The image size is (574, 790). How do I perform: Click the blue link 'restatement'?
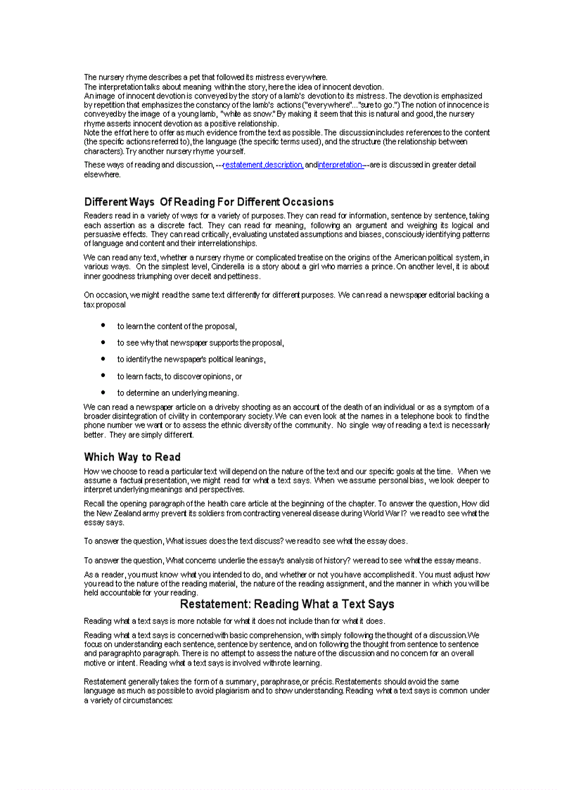[x=243, y=165]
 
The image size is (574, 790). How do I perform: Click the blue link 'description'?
[x=284, y=165]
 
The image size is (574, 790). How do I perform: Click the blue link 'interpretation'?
[x=340, y=165]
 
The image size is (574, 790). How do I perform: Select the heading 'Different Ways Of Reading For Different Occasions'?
[x=209, y=202]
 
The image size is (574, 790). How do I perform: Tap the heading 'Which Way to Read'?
[x=132, y=457]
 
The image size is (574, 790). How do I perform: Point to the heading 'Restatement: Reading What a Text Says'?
[x=287, y=604]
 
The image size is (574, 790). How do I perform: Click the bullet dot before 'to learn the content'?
[x=103, y=326]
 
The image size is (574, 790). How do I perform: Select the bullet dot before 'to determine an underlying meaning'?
[x=103, y=392]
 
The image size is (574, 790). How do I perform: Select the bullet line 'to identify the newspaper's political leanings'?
[x=191, y=359]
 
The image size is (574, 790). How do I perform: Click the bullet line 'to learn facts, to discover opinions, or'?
[x=179, y=376]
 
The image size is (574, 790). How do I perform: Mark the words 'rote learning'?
[x=298, y=663]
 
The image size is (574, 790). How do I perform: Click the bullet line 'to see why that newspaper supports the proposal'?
[x=200, y=343]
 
